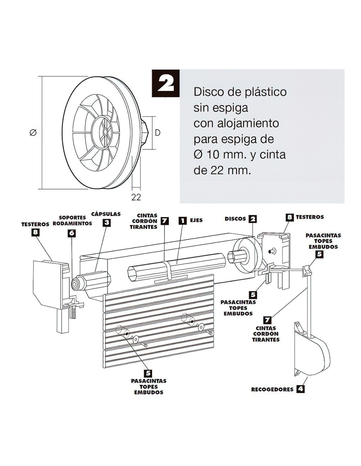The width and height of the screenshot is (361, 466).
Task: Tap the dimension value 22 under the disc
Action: coord(136,197)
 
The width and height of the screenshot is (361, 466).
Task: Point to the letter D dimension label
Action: coord(158,133)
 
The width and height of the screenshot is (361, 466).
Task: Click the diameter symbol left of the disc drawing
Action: coord(33,133)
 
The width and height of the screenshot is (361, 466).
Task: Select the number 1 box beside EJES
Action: coord(182,221)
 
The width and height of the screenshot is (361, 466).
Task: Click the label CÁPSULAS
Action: coord(106,214)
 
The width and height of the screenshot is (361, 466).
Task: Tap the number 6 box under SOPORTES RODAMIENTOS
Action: coord(72,233)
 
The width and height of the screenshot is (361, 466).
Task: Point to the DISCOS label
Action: coord(235,219)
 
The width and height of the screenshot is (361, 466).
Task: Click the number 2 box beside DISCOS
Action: coord(253,219)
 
